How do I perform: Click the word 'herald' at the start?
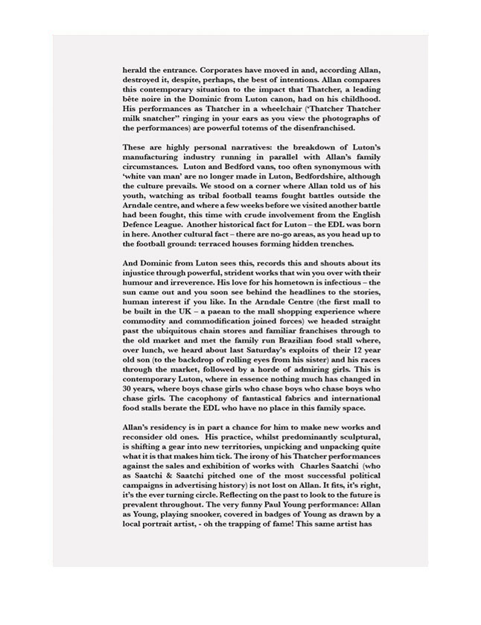tap(136, 69)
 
